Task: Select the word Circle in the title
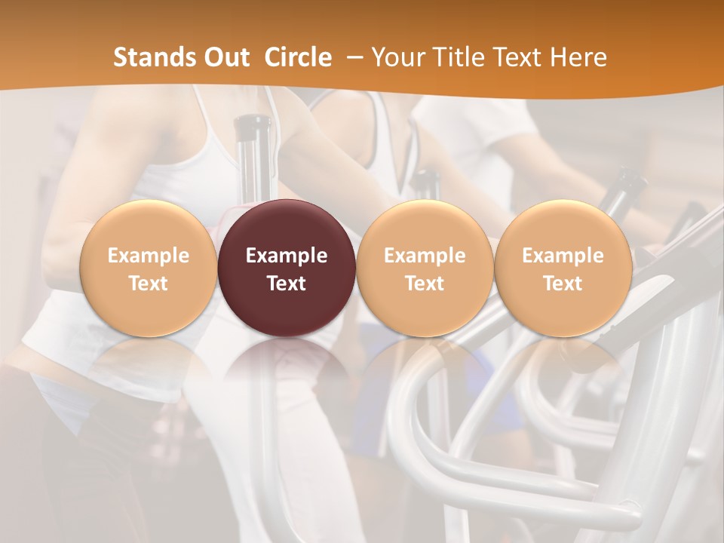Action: pos(298,57)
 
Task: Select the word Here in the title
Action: pos(577,57)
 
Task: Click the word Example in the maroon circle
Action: pos(287,256)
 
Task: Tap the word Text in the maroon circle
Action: pos(287,284)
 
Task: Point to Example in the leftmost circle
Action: pos(149,256)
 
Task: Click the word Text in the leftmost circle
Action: pos(149,284)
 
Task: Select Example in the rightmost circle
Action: pos(563,256)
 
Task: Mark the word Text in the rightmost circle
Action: pos(563,284)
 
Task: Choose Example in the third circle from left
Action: pos(425,256)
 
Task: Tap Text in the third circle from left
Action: pos(425,284)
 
